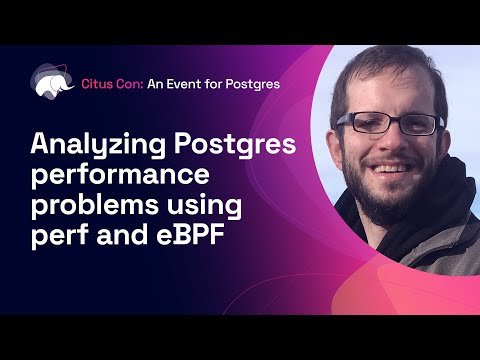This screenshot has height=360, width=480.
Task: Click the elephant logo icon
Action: tap(51, 83)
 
